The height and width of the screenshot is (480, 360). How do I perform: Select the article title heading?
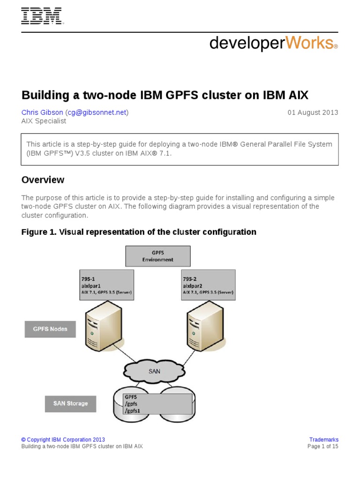[x=165, y=95]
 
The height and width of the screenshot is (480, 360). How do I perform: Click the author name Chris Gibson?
[x=42, y=112]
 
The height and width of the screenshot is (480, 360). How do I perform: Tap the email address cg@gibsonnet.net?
[x=97, y=112]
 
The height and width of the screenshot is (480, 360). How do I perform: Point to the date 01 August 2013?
[x=312, y=112]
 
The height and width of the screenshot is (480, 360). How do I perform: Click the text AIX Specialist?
[x=44, y=121]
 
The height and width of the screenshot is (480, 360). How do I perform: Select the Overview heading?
[x=43, y=180]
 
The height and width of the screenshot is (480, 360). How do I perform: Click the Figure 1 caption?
[x=139, y=232]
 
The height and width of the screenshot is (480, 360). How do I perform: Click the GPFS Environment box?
[x=158, y=256]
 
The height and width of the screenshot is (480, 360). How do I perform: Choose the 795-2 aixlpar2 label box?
[x=208, y=285]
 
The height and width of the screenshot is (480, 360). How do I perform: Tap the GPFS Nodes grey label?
[x=50, y=329]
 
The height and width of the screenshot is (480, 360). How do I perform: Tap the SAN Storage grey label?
[x=70, y=404]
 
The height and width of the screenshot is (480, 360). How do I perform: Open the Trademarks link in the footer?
[x=323, y=440]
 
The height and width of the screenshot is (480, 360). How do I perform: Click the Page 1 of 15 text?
[x=322, y=447]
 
